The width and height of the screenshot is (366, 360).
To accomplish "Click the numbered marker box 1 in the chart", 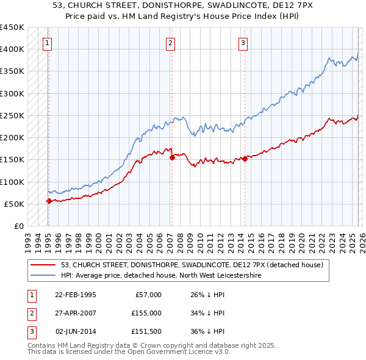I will click(x=48, y=43).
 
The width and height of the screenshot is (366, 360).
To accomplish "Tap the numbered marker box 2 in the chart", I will click(x=170, y=43).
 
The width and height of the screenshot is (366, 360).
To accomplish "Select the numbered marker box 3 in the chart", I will click(x=243, y=43).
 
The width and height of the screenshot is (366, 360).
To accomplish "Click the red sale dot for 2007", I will click(x=172, y=157).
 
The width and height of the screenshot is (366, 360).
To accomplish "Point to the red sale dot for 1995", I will click(x=49, y=201).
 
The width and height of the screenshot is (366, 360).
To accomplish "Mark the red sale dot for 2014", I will click(x=245, y=159).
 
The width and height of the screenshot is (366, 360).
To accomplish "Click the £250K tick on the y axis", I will click(x=12, y=115).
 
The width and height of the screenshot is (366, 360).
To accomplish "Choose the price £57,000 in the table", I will click(x=148, y=294).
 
